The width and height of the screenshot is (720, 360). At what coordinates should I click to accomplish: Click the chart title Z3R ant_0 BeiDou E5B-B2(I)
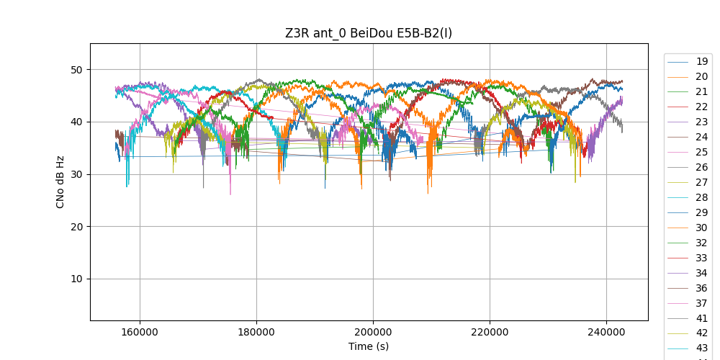tap(369, 33)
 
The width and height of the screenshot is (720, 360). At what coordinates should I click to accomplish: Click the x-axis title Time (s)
tap(369, 346)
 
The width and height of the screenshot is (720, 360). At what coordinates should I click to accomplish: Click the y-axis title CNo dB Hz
tap(60, 181)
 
